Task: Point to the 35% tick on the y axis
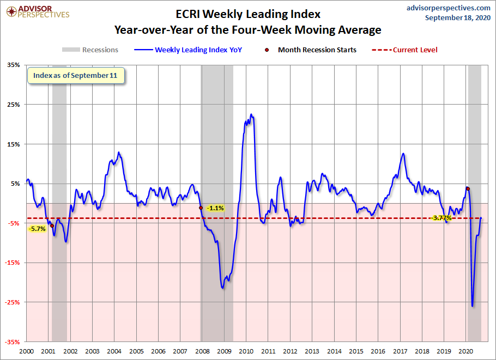click(13, 65)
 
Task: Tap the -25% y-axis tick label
click(12, 302)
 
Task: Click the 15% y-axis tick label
click(13, 144)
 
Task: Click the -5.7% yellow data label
click(37, 229)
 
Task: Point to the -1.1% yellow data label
click(215, 208)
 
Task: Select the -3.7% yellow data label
click(441, 218)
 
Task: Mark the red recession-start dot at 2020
click(468, 189)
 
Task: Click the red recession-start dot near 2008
click(201, 208)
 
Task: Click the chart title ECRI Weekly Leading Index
click(247, 13)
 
